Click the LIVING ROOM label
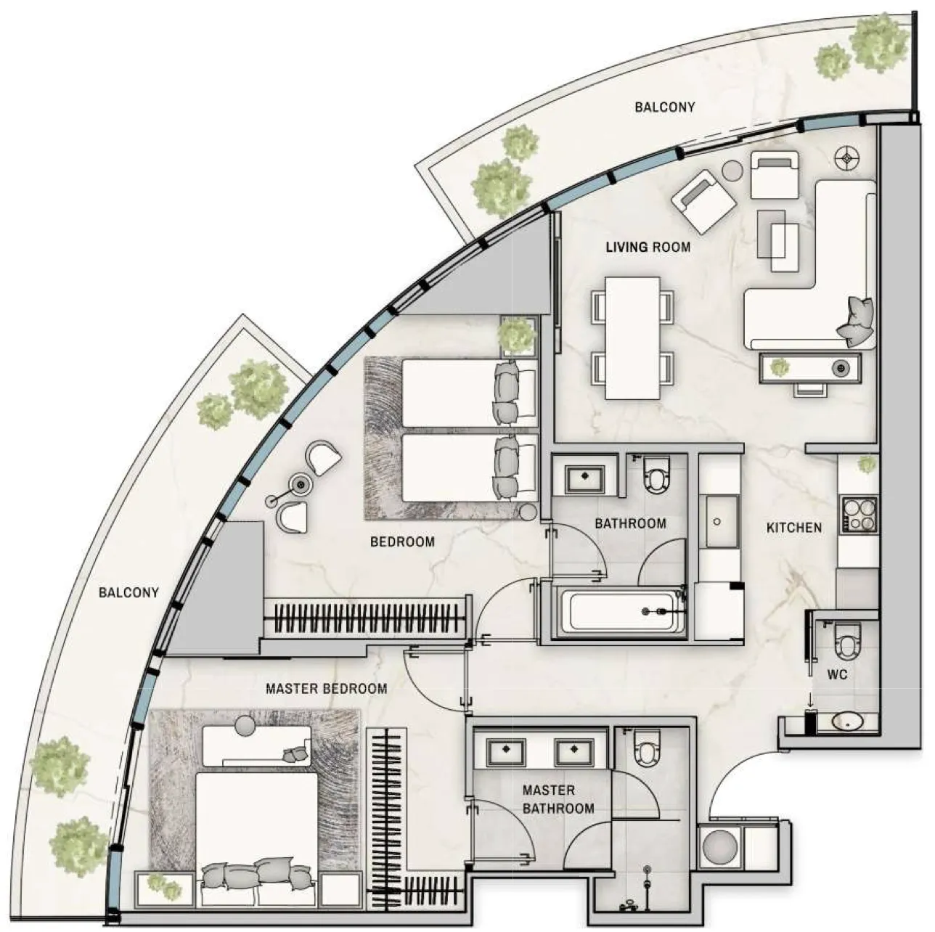point(648,247)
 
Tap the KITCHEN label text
point(793,528)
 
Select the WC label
point(837,674)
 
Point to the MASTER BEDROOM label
point(326,688)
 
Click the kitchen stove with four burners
point(860,515)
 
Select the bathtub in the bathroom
point(623,611)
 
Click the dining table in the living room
point(633,338)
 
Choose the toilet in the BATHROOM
point(656,475)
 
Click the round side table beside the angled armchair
point(732,171)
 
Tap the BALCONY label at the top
point(665,107)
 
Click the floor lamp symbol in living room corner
point(847,158)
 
